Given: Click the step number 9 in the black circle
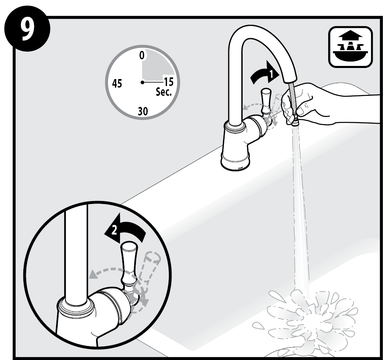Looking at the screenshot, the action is click(27, 29).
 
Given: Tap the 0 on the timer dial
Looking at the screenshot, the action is click(142, 55).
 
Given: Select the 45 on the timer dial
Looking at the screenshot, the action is click(117, 83).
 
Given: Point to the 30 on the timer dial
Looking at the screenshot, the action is click(143, 111).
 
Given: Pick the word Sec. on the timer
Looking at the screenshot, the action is click(164, 92).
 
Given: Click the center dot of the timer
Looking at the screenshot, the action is click(142, 82).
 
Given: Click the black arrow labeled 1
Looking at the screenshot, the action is click(265, 73).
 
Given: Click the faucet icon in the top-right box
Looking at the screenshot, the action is click(350, 46).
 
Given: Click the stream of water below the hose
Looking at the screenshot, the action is click(300, 208).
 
